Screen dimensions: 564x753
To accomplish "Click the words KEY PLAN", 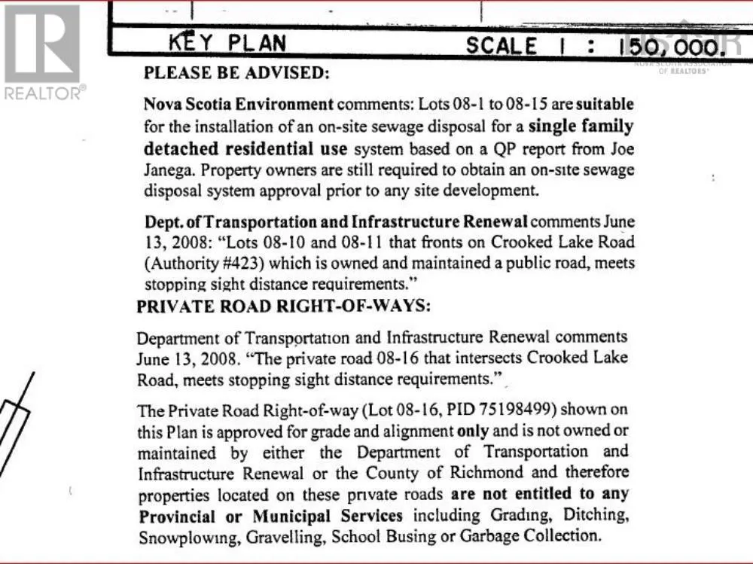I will coord(227,43).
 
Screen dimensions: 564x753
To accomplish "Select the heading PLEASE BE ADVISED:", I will coord(236,74).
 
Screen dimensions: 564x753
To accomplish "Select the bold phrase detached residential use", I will coord(245,148).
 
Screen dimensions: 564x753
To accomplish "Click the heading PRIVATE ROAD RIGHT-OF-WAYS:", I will coord(283,307).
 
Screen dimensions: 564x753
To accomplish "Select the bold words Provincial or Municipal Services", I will coord(271,517).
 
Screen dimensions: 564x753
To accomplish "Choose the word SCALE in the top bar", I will coord(501,46).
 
